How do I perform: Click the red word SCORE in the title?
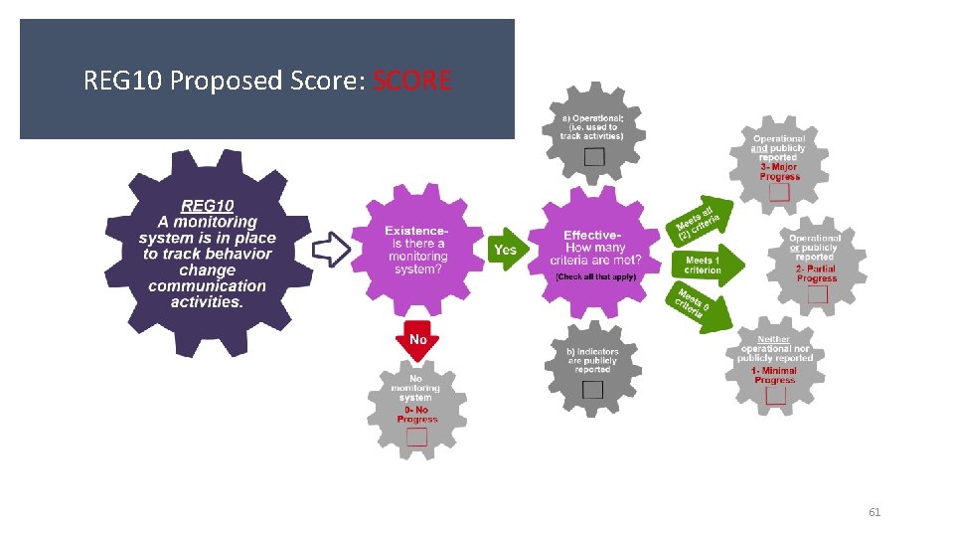coord(411,80)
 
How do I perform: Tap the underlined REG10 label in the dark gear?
coord(207,206)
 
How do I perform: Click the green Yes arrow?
coord(506,250)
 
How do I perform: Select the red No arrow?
coord(417,340)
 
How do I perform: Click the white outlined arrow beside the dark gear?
coord(332,249)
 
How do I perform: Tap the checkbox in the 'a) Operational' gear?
coord(593,156)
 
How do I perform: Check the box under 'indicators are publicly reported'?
coord(592,389)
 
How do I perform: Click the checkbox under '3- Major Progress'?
coord(779,192)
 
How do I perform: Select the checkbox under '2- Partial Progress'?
coord(817,293)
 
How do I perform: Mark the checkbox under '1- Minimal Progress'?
coord(775,395)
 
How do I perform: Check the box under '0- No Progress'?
coord(417,437)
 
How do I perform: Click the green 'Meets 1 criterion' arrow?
coord(708,266)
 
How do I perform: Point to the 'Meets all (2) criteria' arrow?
coord(700,222)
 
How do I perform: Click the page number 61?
coord(874,512)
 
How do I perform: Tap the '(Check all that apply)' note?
coord(596,275)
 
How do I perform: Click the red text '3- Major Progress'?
coord(779,172)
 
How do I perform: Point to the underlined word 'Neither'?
coord(774,339)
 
